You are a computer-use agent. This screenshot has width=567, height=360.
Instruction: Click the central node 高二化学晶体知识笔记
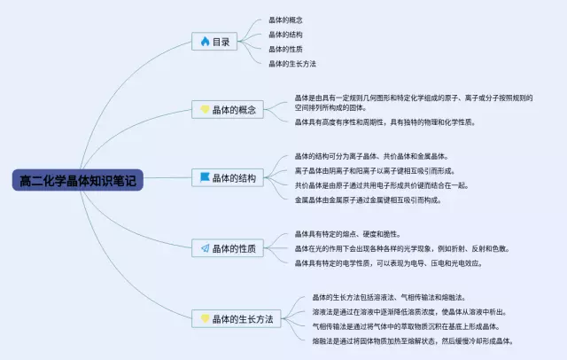click(x=79, y=181)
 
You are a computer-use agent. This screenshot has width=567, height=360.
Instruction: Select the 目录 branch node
click(x=216, y=41)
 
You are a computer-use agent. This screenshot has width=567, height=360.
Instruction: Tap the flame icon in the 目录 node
click(x=205, y=41)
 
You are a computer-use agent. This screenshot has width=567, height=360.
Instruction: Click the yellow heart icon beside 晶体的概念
click(x=205, y=110)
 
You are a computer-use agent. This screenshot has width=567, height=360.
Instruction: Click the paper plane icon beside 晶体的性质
click(x=205, y=248)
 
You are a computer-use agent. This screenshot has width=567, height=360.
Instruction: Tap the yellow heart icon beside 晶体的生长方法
click(x=205, y=317)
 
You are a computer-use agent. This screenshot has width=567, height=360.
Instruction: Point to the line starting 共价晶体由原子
click(x=381, y=185)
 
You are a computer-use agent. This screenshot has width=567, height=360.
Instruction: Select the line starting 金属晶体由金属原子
click(x=372, y=200)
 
